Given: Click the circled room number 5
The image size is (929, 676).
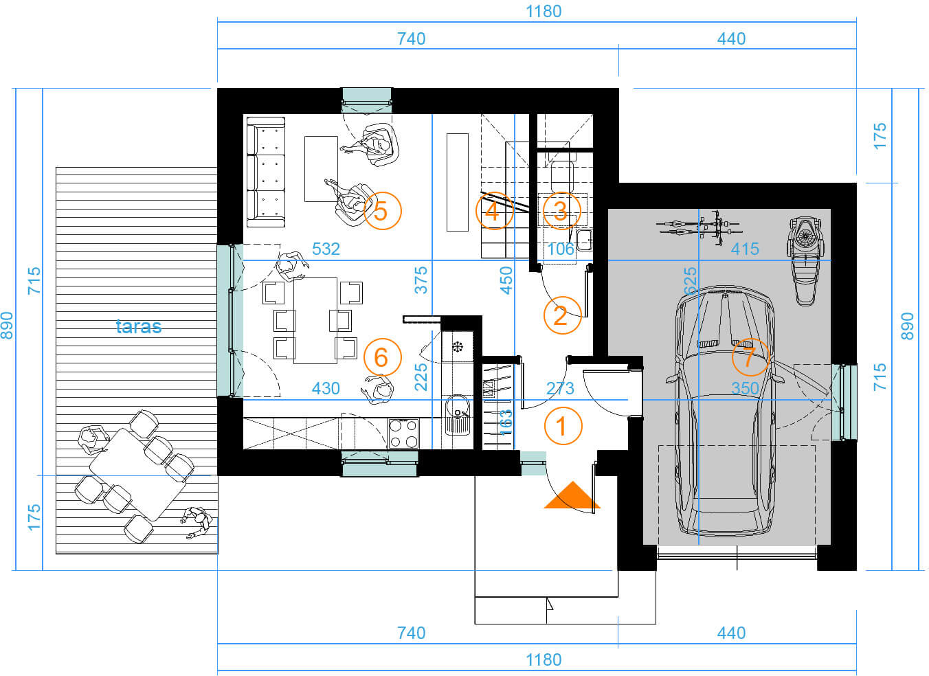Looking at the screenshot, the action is point(382,211).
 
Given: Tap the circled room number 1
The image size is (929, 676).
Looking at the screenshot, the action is point(563,426).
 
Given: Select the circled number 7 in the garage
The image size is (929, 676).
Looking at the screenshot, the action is point(750,357).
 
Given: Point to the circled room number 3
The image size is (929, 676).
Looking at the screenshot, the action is point(561,211).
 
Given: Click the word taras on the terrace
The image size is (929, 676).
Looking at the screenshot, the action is point(139,326).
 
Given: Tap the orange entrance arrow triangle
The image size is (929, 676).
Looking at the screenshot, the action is point(572,495).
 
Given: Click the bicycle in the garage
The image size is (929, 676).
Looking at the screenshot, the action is point(698,227).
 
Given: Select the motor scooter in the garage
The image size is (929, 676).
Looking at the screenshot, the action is point(806,261).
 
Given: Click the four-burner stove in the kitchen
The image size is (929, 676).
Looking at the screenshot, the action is point(403,433).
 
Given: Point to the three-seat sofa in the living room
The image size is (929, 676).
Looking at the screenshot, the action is point(266,172).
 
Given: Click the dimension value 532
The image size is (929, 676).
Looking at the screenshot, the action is point(326,249).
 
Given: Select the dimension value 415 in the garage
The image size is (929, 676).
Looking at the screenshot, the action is point(745,249).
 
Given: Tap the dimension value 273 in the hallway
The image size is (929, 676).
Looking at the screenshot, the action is point(560,389).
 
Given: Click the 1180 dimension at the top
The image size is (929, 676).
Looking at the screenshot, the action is point(544,12).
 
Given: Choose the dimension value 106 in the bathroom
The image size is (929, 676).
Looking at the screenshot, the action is point(561,249).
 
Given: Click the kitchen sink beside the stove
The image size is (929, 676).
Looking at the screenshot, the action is point(458,415).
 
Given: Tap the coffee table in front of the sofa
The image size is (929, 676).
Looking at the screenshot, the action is point(321,169).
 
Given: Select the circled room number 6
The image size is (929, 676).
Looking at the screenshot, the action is point(382,357).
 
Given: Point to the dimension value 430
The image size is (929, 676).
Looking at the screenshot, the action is point(326,389).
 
